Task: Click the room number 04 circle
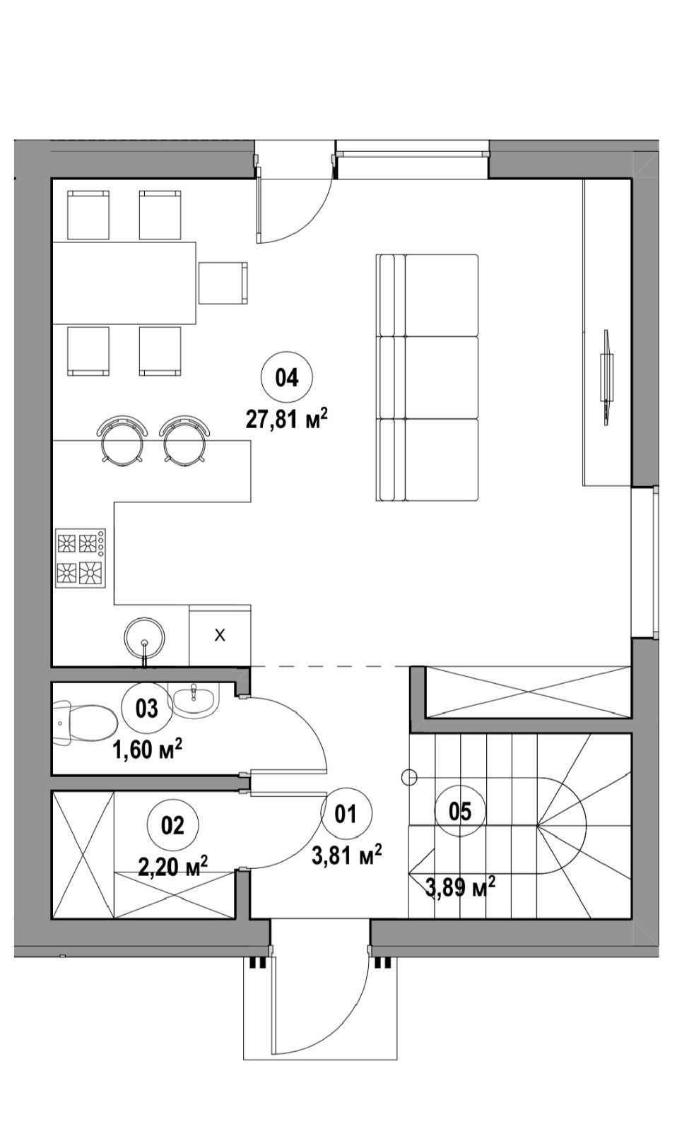(x=286, y=377)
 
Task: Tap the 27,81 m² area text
(x=286, y=419)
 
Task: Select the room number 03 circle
(x=147, y=708)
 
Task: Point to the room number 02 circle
(x=172, y=825)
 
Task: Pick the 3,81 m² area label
(x=346, y=855)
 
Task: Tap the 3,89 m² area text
(x=459, y=887)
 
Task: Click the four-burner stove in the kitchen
(x=81, y=558)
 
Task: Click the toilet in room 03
(x=84, y=723)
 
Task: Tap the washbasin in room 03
(x=194, y=700)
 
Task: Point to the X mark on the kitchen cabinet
(x=220, y=635)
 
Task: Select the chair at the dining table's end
(x=223, y=283)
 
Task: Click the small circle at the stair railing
(x=408, y=776)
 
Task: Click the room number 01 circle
(x=346, y=813)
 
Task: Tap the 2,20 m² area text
(x=172, y=866)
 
